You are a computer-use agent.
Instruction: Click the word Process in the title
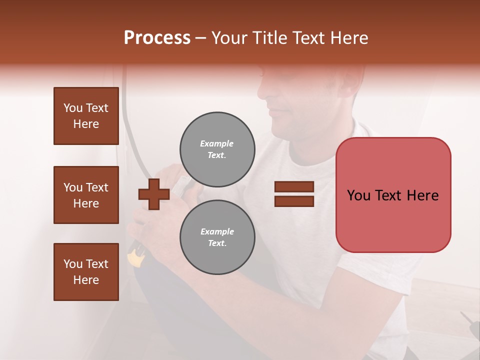point(157,38)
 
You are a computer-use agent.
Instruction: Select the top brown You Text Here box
point(86,116)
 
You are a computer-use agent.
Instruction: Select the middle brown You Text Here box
point(86,195)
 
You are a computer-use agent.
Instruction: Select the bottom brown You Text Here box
point(86,271)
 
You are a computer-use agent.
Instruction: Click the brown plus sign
point(154,194)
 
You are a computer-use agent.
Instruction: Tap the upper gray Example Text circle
point(217,149)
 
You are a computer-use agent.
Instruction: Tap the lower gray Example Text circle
point(217,237)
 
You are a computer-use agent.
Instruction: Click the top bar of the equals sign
point(294,187)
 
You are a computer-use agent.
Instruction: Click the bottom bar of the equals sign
point(294,201)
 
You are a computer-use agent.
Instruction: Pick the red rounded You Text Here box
point(393,195)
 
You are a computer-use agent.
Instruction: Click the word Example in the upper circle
point(217,143)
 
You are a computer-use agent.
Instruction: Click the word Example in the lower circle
point(217,231)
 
